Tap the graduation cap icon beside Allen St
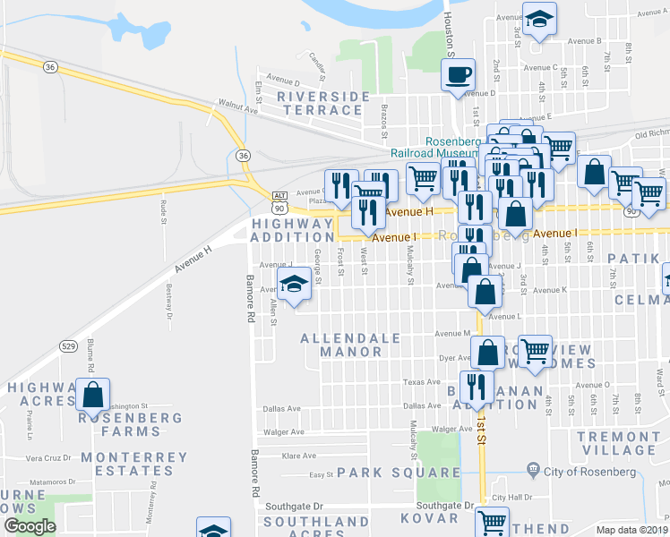pyautogui.click(x=293, y=285)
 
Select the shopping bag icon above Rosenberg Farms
pyautogui.click(x=93, y=393)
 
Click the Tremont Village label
pyautogui.click(x=618, y=443)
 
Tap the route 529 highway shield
pyautogui.click(x=67, y=345)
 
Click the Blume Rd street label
pyautogui.click(x=90, y=358)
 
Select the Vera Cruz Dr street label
pyautogui.click(x=47, y=457)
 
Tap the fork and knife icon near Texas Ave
pyautogui.click(x=477, y=386)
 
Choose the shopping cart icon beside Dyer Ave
pyautogui.click(x=535, y=350)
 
